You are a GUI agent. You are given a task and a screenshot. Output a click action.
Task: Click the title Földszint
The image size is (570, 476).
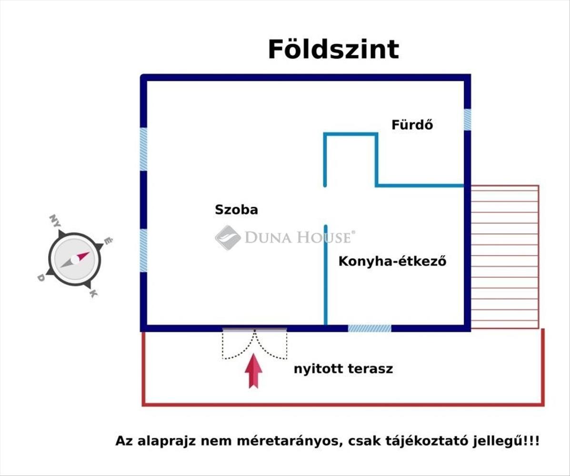[333, 50]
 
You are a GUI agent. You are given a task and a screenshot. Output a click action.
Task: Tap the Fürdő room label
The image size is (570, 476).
[412, 125]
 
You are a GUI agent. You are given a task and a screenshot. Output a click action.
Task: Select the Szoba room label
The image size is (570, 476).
[236, 209]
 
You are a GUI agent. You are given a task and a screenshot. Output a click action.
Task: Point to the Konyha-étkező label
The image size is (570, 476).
[392, 261]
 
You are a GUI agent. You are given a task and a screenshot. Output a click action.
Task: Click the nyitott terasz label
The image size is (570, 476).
[343, 369]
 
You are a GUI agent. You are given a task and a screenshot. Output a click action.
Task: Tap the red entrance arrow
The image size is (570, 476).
[254, 371]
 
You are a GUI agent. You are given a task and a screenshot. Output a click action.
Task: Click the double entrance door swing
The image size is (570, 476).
[255, 344]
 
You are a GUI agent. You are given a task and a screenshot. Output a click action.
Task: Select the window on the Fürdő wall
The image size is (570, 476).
[467, 119]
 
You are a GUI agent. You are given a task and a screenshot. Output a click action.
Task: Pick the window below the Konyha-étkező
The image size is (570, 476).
[370, 328]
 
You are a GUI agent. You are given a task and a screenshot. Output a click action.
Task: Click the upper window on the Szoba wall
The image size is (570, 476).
[143, 149]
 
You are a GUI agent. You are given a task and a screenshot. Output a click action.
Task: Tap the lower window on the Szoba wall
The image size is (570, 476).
[143, 250]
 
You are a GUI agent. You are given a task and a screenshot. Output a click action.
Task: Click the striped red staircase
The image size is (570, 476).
[505, 257]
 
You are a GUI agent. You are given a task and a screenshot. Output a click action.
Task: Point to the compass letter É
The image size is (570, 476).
[108, 241]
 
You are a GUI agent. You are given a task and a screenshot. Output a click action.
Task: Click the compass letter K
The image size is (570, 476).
[93, 293]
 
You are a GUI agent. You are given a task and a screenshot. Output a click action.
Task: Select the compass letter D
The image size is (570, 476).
[41, 278]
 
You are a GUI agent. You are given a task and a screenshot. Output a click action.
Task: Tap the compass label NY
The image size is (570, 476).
[55, 221]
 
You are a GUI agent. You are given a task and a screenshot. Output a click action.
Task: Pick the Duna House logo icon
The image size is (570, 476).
[228, 237]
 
